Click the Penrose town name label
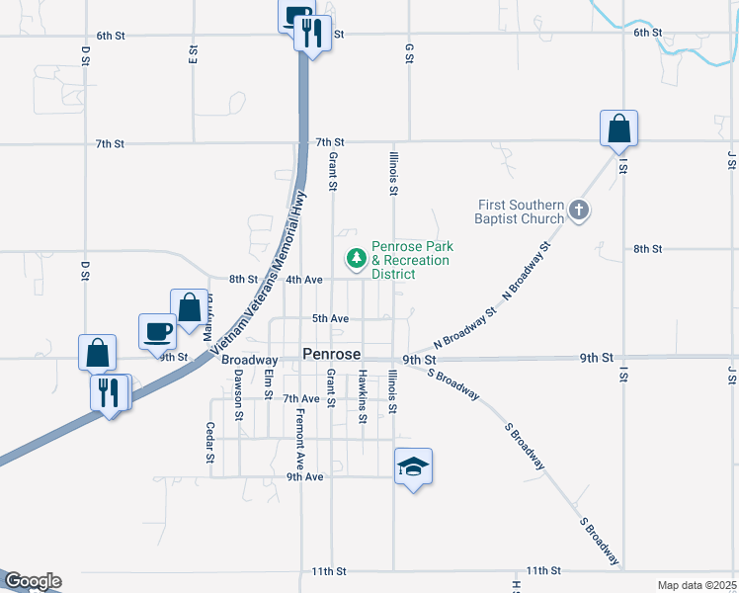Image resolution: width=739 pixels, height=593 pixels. click(x=331, y=354)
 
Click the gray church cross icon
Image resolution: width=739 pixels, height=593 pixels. click(x=579, y=211)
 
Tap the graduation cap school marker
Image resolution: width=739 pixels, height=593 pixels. click(x=413, y=466)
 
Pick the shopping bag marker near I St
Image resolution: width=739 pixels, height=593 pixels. click(x=618, y=128)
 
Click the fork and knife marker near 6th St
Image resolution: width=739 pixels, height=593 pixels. click(x=312, y=35)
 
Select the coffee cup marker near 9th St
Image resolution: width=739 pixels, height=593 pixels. click(x=157, y=331)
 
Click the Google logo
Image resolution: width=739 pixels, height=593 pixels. click(x=32, y=581)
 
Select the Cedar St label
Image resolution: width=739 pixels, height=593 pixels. click(x=209, y=443)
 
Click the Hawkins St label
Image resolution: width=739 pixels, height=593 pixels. click(x=363, y=397)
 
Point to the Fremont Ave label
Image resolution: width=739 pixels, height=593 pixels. click(x=298, y=440)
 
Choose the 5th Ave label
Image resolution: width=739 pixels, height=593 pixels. click(x=330, y=318)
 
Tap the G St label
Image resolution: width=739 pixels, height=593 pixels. click(x=408, y=52)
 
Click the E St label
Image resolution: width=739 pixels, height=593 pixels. click(x=193, y=53)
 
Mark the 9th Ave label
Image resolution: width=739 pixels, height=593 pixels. click(x=305, y=476)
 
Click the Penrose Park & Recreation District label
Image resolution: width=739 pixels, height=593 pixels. click(x=410, y=260)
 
